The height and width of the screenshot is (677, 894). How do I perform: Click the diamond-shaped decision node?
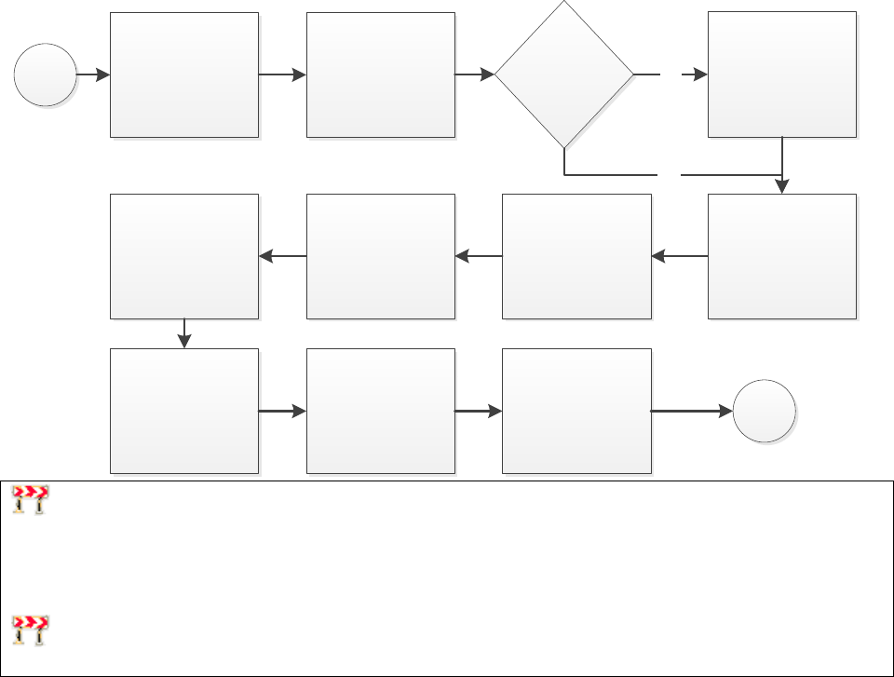point(563,74)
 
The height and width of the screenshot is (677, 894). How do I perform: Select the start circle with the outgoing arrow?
point(45,74)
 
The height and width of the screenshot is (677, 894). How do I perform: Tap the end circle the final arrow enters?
point(764,411)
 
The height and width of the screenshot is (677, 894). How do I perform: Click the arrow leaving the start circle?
point(93,74)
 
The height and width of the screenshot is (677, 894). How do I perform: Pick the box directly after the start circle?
point(184,74)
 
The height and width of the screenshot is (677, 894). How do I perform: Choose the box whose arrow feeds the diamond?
point(380,74)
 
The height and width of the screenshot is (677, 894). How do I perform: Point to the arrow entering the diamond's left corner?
point(475,74)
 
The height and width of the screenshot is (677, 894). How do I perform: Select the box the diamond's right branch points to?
point(781,74)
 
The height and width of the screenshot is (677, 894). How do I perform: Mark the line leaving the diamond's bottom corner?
point(605,174)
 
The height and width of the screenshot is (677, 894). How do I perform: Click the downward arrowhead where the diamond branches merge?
point(782,186)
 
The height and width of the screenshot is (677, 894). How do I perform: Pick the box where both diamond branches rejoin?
point(781,256)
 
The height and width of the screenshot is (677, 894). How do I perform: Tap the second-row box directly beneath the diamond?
point(576,256)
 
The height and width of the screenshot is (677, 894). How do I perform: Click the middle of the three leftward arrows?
point(478,256)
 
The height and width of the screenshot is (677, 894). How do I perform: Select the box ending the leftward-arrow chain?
point(184,256)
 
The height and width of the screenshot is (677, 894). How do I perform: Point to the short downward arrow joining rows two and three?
point(184,334)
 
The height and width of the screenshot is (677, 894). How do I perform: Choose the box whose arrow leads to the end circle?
point(576,411)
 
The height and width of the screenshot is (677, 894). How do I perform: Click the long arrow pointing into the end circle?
point(691,411)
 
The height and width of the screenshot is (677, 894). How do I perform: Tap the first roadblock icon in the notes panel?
point(31,500)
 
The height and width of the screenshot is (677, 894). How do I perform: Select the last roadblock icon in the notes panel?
point(31,630)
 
